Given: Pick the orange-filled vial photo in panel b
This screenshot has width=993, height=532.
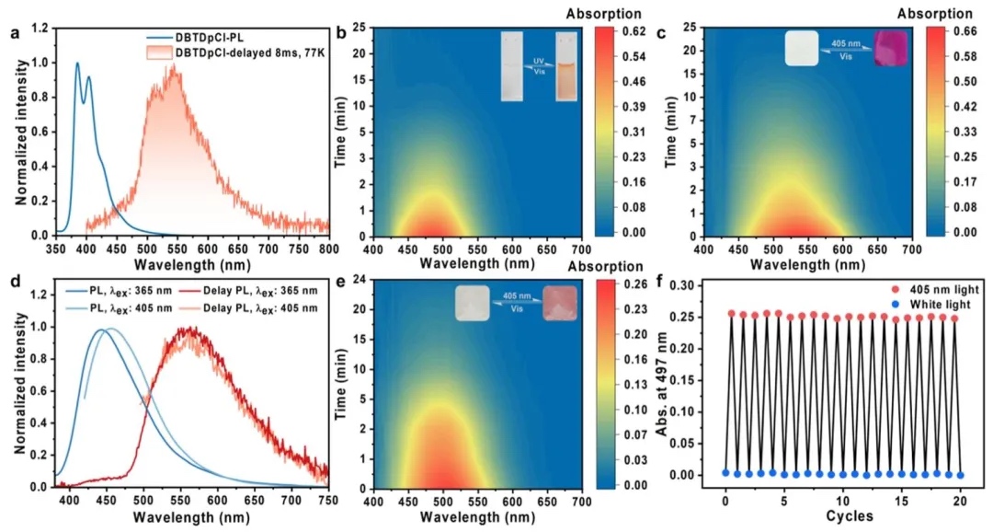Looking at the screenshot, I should [x=565, y=64].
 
